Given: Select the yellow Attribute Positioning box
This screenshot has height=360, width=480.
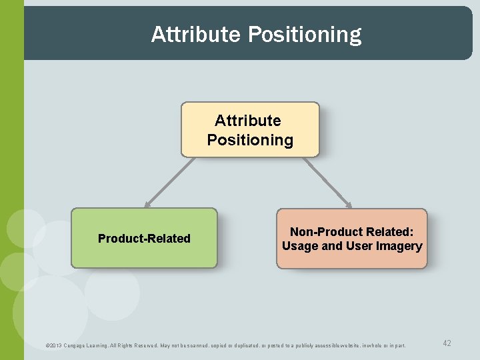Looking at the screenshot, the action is (250, 129).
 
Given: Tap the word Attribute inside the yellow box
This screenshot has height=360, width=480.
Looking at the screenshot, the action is (248, 121).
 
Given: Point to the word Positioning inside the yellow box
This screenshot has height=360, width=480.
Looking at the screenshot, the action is (250, 140).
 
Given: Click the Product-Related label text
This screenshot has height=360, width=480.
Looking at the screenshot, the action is (144, 239).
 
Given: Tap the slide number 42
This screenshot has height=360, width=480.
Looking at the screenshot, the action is (447, 343).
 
